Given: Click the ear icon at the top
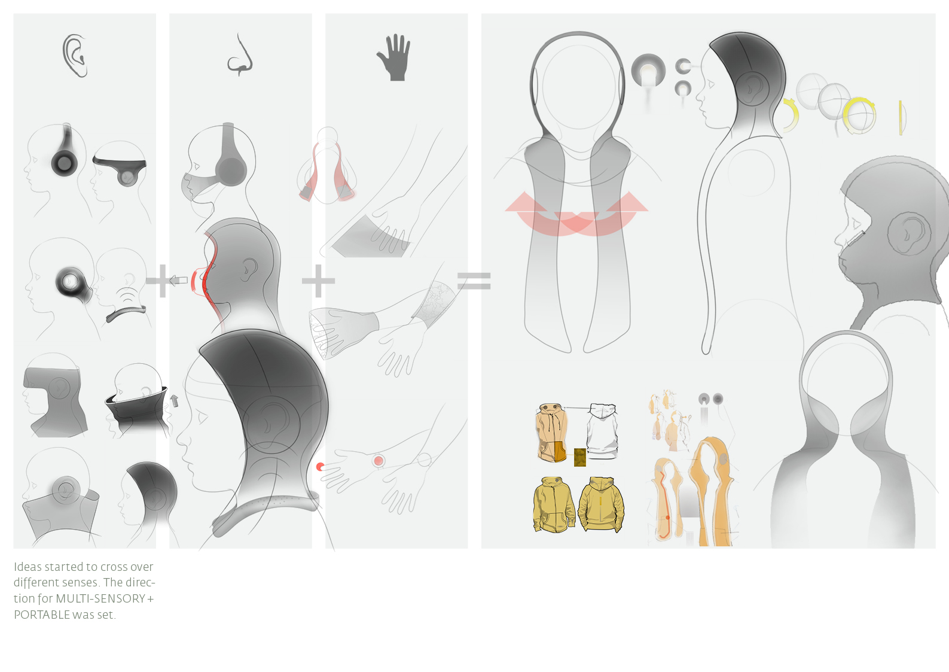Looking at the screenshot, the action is [75, 56].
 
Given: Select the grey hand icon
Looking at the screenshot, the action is [394, 57].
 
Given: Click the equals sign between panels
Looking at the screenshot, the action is [474, 281].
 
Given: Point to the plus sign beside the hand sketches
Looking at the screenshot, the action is [318, 281].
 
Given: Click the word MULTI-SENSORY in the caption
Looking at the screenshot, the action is [100, 598].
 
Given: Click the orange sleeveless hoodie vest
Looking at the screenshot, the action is [552, 433].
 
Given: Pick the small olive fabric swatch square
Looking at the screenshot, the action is [580, 457].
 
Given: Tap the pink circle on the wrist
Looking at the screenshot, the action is [379, 460].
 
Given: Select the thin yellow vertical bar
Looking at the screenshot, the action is [901, 118].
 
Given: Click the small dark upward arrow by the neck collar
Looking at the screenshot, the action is [174, 401].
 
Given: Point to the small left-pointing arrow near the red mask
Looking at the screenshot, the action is [178, 280].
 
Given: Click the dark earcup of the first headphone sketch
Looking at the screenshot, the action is [65, 162].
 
